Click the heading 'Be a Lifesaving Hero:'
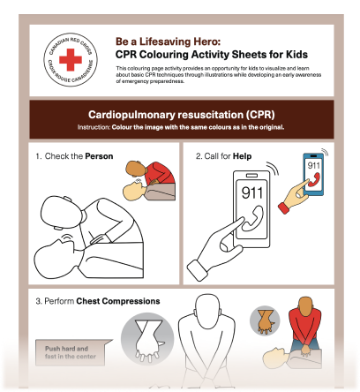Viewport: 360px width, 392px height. click(x=167, y=41)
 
